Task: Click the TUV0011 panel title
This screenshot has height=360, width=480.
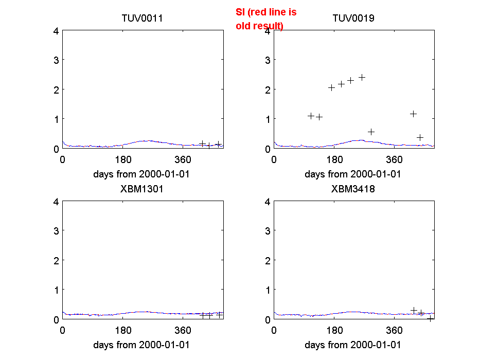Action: (142, 19)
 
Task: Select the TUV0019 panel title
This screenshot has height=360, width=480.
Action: (353, 19)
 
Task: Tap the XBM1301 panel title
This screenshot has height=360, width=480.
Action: (142, 189)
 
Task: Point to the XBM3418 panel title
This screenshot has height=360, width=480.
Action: (353, 189)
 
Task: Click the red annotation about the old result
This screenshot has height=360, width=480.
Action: (266, 19)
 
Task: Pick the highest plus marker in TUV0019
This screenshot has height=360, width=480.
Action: (362, 77)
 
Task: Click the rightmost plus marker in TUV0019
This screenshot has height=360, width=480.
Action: (420, 137)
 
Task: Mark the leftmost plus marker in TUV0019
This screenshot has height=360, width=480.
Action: (311, 116)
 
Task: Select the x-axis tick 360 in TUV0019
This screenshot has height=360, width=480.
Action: (395, 159)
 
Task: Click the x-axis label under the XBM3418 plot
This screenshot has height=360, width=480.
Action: (353, 345)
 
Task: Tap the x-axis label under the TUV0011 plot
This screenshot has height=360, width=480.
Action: (142, 174)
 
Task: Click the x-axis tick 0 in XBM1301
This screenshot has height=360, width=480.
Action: (63, 330)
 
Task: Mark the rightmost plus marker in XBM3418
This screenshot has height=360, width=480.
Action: (430, 318)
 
